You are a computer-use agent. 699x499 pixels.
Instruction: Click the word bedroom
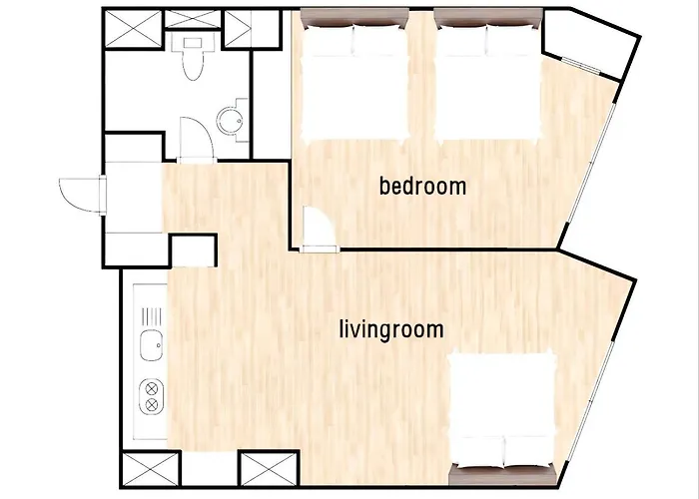tap(422, 186)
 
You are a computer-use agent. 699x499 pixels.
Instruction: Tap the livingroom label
tap(391, 330)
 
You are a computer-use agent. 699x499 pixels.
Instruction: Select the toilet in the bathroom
tap(193, 58)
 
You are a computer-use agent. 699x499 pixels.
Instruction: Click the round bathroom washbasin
tap(231, 121)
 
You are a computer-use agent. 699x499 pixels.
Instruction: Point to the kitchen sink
tap(151, 346)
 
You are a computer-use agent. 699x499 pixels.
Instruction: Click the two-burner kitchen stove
tap(152, 396)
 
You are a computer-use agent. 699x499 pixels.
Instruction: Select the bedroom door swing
tap(320, 230)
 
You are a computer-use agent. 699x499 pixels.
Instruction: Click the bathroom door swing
tap(196, 139)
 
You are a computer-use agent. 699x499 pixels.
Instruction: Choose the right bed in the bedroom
tap(488, 76)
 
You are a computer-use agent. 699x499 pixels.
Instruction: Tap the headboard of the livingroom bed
tap(503, 475)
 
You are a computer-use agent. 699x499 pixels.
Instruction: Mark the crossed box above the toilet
tap(193, 19)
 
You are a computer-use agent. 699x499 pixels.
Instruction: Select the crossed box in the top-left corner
tap(133, 29)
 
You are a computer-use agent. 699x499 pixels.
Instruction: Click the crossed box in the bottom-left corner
tap(150, 470)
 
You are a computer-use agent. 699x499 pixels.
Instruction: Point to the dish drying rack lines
tap(151, 316)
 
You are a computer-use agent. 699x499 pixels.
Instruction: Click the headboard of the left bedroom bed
tap(354, 18)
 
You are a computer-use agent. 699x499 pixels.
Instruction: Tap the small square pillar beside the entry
tap(194, 250)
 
